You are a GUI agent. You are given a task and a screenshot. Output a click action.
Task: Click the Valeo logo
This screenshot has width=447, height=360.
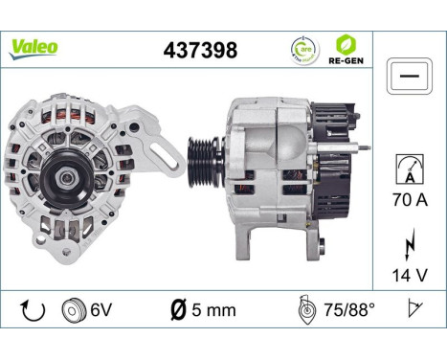coord(34,47)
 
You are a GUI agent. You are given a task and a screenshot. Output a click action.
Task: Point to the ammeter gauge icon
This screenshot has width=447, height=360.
coord(409,170)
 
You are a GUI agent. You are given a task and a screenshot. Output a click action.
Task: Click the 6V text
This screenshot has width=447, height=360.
coord(99,312)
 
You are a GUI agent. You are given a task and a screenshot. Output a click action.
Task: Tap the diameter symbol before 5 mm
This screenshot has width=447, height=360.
coord(177,312)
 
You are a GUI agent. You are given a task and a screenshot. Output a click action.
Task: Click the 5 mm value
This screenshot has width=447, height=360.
coord(212,312)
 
